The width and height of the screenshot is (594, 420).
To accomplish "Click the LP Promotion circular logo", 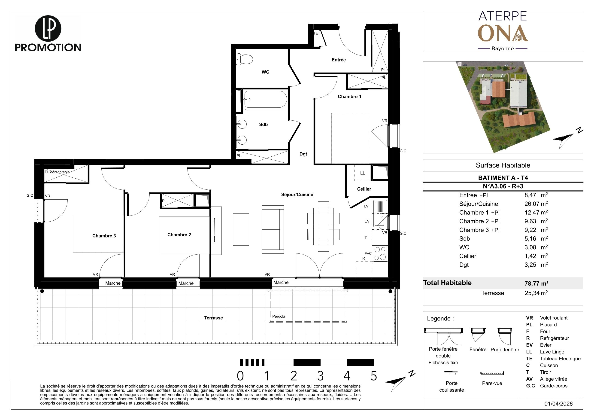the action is tap(48, 28).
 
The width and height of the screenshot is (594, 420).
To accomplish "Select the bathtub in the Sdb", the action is tap(265, 99).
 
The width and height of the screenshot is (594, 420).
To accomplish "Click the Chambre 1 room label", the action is tap(349, 97).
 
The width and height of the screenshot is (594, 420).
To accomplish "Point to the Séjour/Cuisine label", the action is tap(297, 195).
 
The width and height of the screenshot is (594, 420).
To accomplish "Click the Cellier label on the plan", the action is tap(364, 189).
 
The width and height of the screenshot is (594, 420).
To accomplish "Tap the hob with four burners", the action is tap(380, 253).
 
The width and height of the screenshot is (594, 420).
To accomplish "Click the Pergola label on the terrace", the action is tap(279, 317).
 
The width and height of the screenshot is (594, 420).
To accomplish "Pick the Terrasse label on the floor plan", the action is tap(213, 318).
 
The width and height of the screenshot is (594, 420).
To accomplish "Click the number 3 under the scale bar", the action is tap(320, 376).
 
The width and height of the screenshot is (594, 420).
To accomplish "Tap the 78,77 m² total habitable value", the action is tap(536, 283).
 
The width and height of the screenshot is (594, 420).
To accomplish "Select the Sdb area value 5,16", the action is tap(530, 239).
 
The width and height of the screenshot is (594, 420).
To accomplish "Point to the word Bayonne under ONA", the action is tap(502, 48).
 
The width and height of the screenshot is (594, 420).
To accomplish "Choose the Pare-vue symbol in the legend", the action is tap(492, 373).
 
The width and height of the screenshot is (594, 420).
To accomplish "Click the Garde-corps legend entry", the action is tap(554, 386).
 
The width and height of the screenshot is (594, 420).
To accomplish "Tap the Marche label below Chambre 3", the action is tap(113, 283).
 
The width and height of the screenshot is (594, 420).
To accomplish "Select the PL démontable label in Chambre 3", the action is tap(57, 172).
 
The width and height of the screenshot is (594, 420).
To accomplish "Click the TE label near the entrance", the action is tap(316, 33).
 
